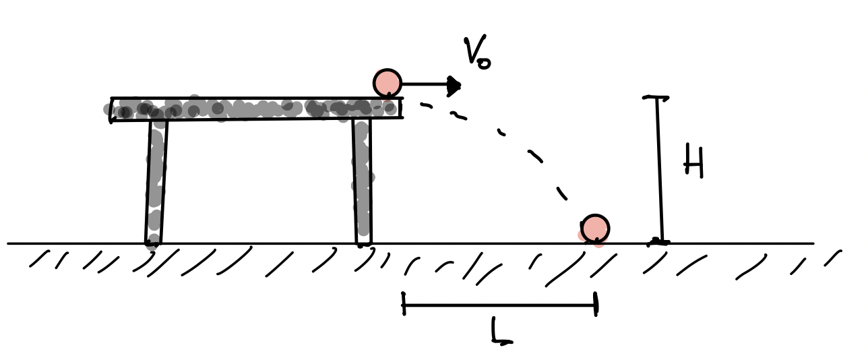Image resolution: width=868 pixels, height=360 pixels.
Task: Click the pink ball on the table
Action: point(387,84)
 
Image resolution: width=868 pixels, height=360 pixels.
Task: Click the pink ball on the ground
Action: point(595,229)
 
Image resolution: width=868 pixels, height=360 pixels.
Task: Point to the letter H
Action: point(693,161)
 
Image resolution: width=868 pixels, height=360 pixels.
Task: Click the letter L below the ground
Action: point(501,330)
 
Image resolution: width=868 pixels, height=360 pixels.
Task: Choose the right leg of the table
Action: point(363,181)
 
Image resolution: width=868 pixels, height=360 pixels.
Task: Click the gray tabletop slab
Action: point(257,109)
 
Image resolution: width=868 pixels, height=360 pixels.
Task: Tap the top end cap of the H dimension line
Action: point(656,97)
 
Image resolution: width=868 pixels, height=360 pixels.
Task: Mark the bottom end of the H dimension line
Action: point(659,243)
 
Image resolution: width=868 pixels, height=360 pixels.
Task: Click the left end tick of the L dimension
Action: point(404,303)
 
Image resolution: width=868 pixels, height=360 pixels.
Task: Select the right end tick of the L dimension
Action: point(596,304)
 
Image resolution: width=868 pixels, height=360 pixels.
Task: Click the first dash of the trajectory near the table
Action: point(426,105)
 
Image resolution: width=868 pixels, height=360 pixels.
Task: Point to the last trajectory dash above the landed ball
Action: point(562,193)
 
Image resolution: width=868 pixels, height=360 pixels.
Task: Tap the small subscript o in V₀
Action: point(485,63)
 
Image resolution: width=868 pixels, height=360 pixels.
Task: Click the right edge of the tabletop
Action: point(402,108)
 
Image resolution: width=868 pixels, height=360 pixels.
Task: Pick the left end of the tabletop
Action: point(112,110)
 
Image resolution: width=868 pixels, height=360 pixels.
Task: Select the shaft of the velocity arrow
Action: point(425,84)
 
